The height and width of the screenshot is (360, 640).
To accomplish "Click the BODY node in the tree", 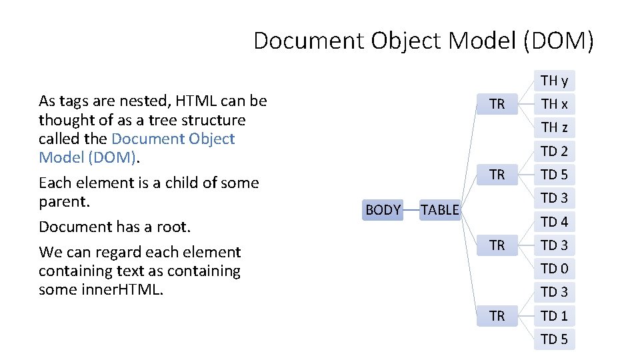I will click(383, 210).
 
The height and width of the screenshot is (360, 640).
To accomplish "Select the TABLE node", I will click(440, 210).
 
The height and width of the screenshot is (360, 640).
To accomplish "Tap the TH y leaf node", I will click(554, 81).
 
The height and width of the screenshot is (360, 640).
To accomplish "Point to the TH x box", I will click(554, 104).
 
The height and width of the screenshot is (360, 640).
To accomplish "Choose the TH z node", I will click(554, 127).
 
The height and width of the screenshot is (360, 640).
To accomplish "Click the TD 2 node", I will click(554, 151).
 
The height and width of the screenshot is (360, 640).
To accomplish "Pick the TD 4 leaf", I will click(554, 221).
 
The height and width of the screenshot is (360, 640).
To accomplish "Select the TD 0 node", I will click(554, 269).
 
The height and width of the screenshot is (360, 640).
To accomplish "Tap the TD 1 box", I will click(554, 316).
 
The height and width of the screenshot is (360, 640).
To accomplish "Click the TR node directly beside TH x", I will click(497, 104).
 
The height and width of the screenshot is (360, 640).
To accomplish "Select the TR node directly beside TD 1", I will click(497, 316).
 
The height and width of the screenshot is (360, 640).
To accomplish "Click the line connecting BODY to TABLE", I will click(411, 210).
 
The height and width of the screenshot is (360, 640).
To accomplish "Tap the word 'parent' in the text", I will click(63, 201).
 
